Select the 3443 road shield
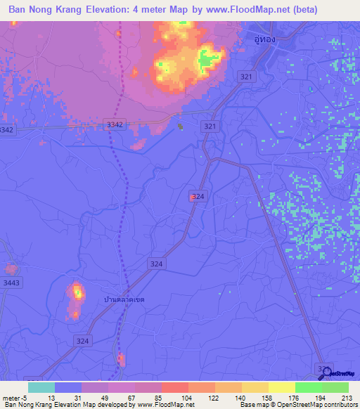point(11,283)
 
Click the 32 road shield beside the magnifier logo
point(323,368)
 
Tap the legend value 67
point(132,398)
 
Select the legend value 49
point(106,398)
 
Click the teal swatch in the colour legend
point(41,387)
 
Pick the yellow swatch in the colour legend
point(281,387)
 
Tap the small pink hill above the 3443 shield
point(11,269)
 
